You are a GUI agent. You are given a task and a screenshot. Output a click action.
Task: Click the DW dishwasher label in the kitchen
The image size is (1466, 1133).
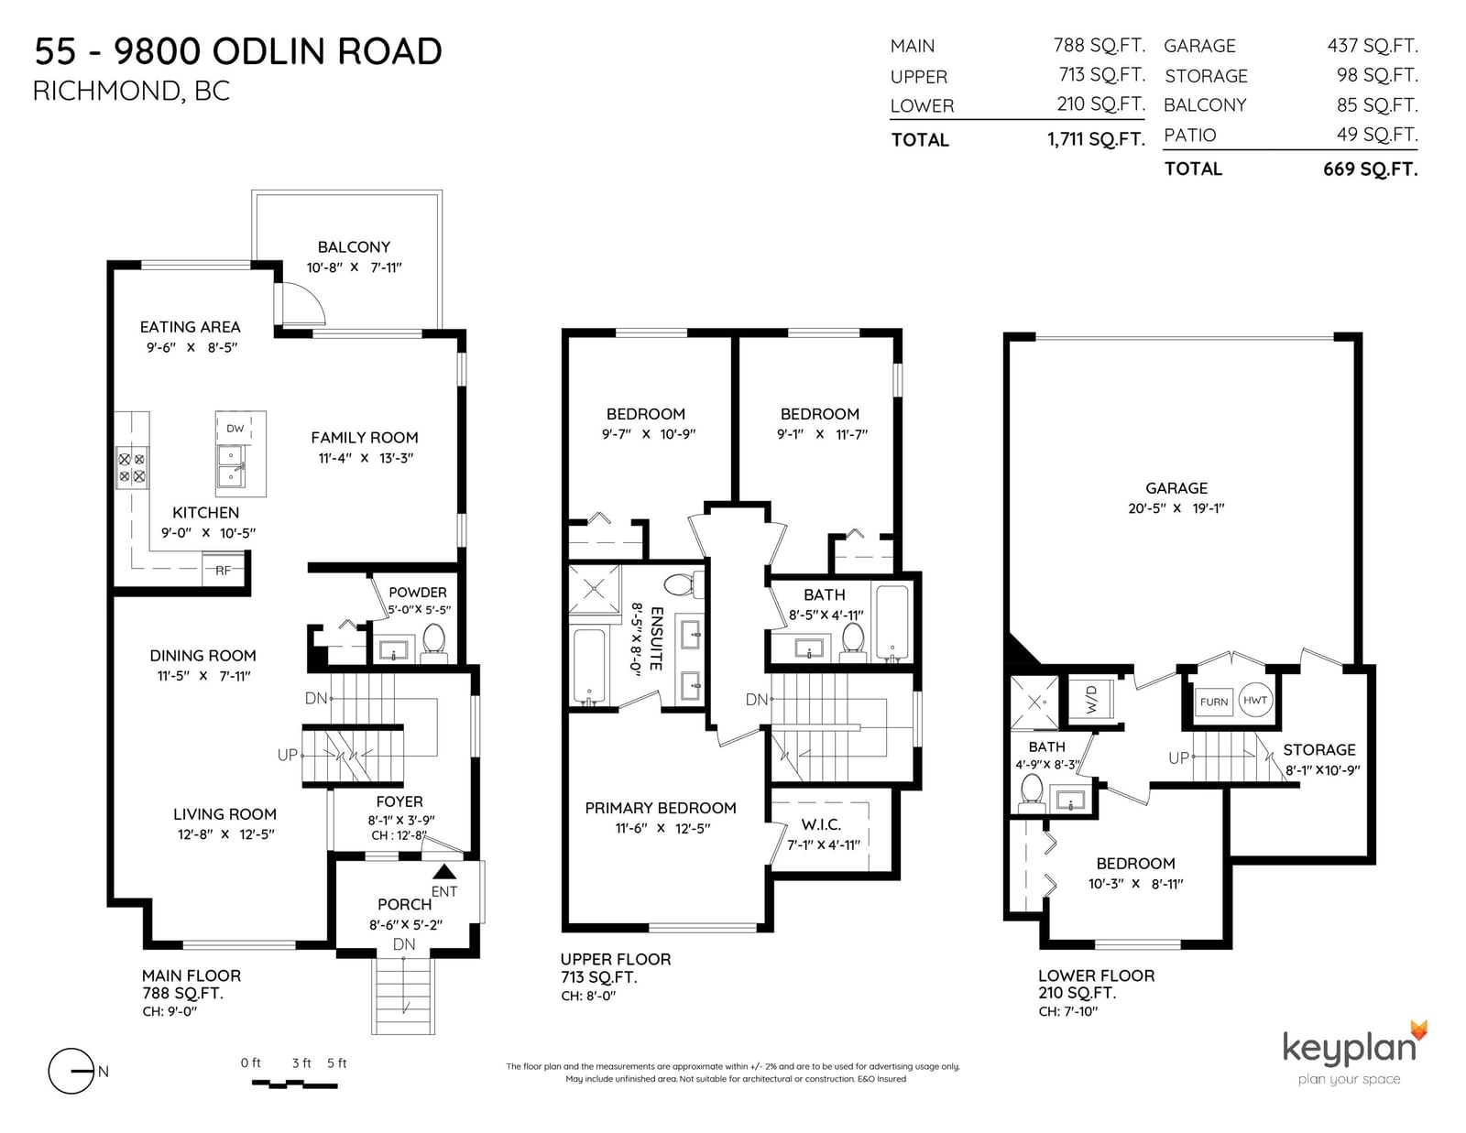tap(235, 429)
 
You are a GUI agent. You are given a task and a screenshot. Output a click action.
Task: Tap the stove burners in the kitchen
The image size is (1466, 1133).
tap(132, 467)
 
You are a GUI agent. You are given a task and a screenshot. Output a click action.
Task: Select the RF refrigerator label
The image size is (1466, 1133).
tap(224, 570)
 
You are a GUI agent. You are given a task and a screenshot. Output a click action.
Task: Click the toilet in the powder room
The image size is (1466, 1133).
tap(433, 641)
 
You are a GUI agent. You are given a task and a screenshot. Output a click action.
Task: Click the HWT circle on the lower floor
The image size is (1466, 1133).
tap(1255, 700)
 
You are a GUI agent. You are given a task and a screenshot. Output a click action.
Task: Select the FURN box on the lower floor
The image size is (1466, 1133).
tap(1214, 702)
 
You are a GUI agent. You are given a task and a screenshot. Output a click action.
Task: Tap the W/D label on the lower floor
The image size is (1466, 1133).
tap(1091, 700)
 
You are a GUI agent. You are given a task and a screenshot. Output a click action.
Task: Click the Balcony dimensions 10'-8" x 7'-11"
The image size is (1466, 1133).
tap(355, 267)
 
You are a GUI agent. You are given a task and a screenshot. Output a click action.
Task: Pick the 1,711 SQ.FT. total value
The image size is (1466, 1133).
tap(1097, 139)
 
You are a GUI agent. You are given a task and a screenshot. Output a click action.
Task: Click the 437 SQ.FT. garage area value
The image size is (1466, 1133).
tap(1373, 46)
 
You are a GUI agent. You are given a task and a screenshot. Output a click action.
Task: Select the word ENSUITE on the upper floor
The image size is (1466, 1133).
tap(656, 638)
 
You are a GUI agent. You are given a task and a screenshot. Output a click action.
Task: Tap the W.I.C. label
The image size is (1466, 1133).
tap(821, 824)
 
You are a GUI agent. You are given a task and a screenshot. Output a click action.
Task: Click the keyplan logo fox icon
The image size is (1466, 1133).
tap(1418, 1030)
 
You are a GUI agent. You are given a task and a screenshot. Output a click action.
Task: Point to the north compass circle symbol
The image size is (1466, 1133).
tap(71, 1071)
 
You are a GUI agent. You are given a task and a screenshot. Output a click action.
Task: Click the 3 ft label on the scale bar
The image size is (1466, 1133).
tap(301, 1063)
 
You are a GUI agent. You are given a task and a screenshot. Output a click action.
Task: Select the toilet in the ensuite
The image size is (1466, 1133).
tap(684, 584)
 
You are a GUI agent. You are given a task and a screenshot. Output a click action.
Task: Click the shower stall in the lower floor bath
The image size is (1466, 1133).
tap(1034, 703)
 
